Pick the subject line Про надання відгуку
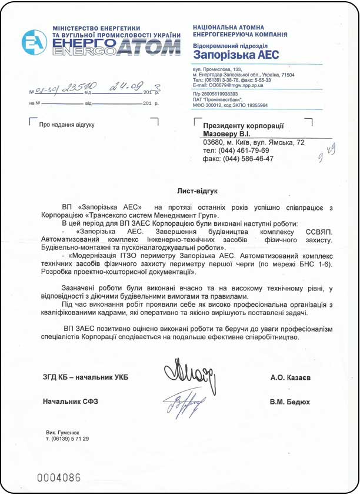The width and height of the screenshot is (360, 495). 66,125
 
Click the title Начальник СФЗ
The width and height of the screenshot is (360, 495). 70,402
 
